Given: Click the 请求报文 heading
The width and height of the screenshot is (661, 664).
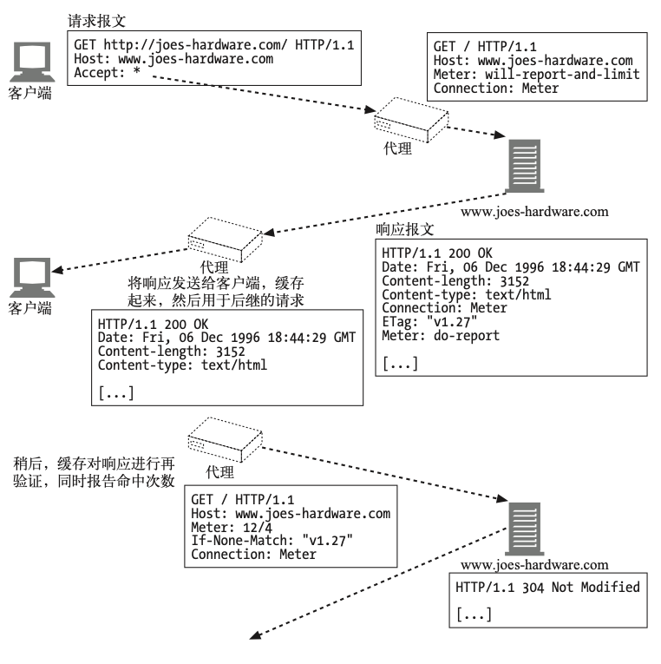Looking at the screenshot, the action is click(x=96, y=21).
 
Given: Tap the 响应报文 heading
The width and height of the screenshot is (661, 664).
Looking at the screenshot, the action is click(x=404, y=229).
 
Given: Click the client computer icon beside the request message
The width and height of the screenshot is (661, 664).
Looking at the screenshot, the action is click(x=32, y=62).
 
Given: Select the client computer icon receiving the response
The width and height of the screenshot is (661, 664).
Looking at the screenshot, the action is click(x=32, y=278).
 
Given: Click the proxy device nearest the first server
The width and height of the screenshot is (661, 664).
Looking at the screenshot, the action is click(x=411, y=120).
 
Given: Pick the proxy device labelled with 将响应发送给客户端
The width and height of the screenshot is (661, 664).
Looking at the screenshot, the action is click(x=226, y=240).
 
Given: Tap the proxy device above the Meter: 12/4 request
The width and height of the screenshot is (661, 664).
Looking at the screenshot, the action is click(x=226, y=439).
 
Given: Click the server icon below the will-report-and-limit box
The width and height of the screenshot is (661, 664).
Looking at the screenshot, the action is click(x=525, y=166).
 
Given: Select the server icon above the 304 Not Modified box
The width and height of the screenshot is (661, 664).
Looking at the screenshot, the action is click(x=525, y=529).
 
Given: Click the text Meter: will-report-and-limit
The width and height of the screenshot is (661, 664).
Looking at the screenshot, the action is click(x=536, y=74).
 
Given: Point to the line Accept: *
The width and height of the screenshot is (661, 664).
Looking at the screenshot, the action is click(x=107, y=72).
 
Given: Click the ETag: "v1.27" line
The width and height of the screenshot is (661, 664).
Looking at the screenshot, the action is click(x=429, y=322).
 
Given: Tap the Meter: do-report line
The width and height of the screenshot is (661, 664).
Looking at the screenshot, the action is click(x=441, y=335).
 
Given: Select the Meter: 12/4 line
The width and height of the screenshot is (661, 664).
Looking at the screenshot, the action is click(x=232, y=527).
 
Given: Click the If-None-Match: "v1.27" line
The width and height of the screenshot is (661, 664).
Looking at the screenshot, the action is click(x=272, y=541).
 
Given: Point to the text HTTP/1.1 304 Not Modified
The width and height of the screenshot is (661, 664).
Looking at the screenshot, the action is click(x=547, y=588).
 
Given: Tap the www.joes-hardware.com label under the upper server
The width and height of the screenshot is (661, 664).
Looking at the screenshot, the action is click(x=534, y=211).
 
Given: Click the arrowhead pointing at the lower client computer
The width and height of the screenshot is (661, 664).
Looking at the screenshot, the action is click(x=57, y=270).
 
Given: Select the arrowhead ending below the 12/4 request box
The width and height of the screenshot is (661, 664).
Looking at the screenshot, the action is click(x=255, y=634).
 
